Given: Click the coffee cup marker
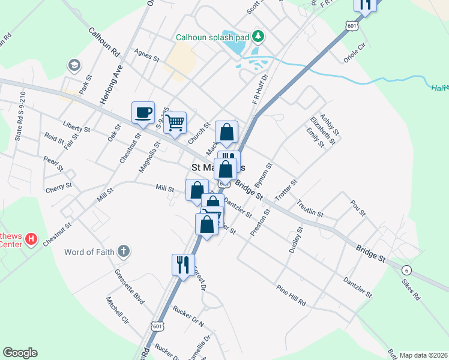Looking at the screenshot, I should click(x=143, y=113).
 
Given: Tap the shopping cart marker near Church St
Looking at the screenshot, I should click(x=175, y=123).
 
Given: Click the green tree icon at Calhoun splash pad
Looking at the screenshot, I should click(x=259, y=37).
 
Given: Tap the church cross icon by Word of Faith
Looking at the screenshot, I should click(x=123, y=251).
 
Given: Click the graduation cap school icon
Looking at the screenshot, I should click(x=74, y=65).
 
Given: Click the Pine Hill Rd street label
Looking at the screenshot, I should click(x=291, y=295).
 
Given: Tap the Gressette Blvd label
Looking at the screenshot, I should click(x=130, y=284).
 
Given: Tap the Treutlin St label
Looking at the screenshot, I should click(x=310, y=210).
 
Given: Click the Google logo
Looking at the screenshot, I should click(x=20, y=353).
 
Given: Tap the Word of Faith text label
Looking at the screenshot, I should click(x=88, y=251).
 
